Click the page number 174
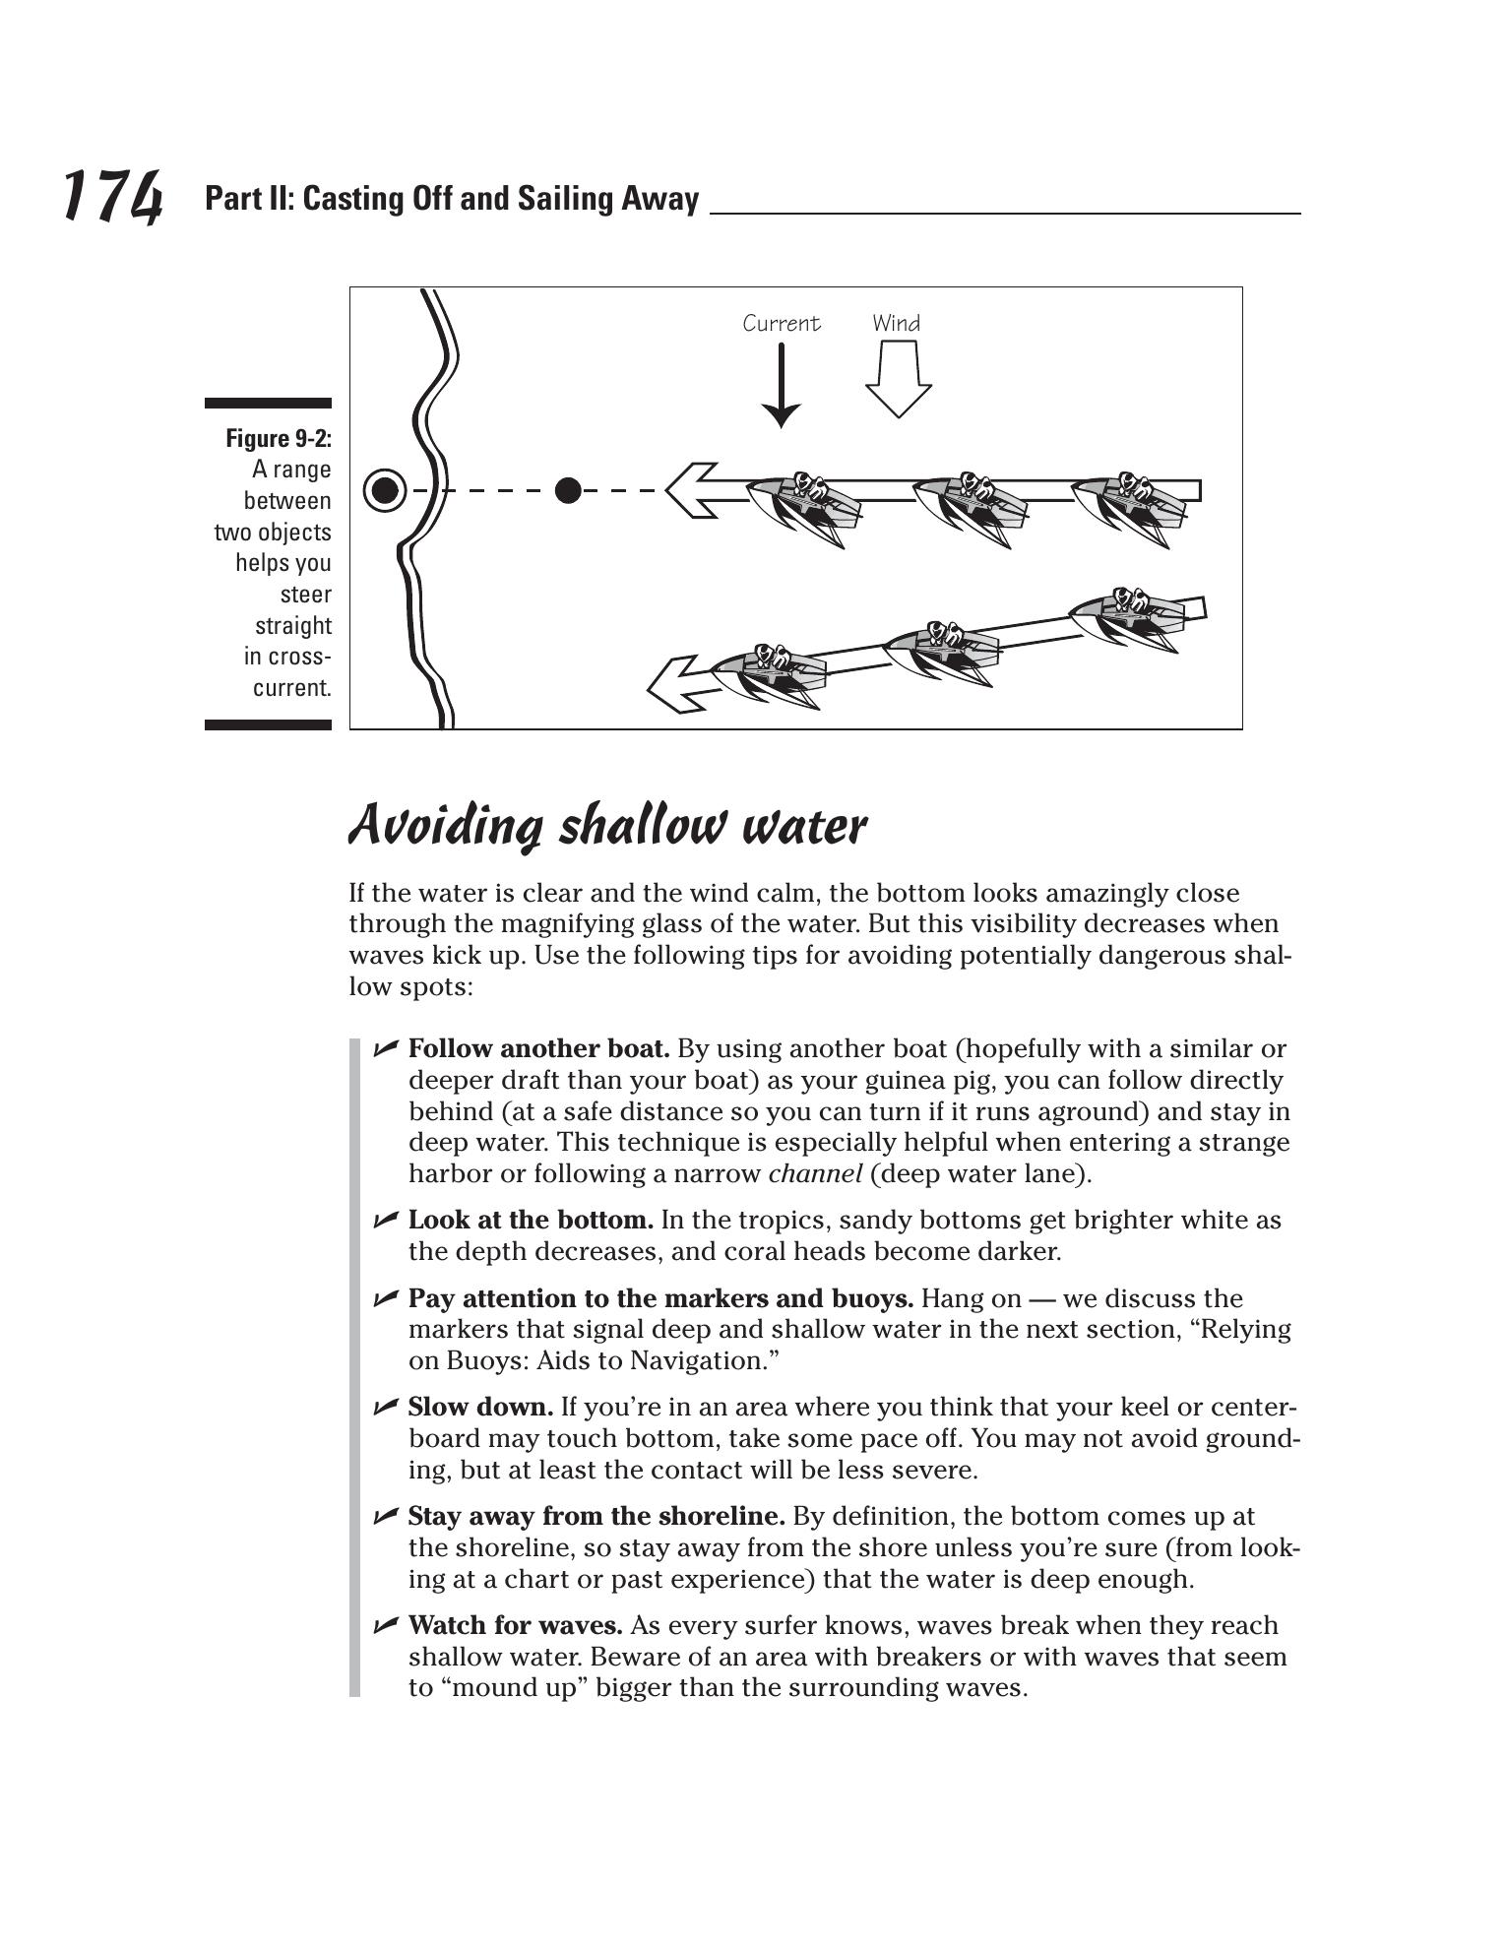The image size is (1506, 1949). [x=112, y=196]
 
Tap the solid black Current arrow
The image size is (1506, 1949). [x=782, y=385]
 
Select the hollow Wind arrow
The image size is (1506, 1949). [x=898, y=379]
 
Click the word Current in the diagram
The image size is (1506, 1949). [x=781, y=323]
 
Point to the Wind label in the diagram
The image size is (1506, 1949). [x=896, y=323]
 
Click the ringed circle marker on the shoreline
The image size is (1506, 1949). [x=385, y=489]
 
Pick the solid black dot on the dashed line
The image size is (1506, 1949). [x=568, y=489]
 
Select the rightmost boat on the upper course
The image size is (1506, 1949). [x=1128, y=501]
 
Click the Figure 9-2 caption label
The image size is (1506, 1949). [x=279, y=438]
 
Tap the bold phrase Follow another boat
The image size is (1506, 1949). [x=538, y=1049]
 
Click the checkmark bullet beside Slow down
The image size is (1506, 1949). [x=385, y=1407]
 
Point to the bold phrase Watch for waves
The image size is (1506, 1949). [x=515, y=1625]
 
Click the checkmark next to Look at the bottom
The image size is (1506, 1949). [x=385, y=1221]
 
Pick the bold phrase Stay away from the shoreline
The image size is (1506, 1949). [x=596, y=1516]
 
